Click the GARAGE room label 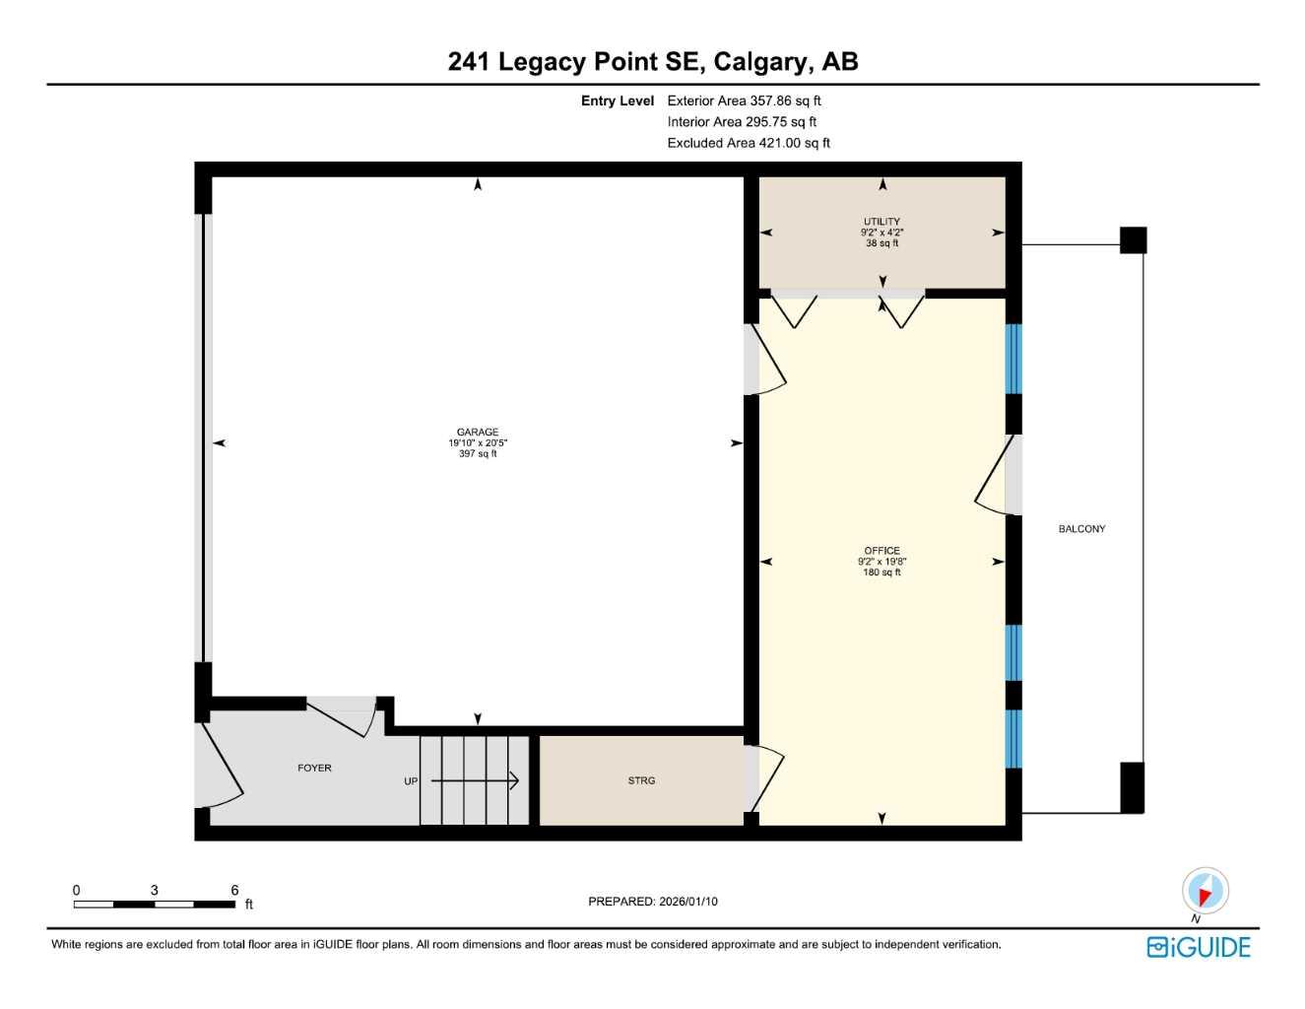(478, 432)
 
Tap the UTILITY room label (881, 222)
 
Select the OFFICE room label (881, 551)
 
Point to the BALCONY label (1081, 529)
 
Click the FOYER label (314, 768)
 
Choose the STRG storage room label (641, 780)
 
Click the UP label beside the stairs (411, 781)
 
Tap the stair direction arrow (476, 781)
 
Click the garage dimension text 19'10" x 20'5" (478, 443)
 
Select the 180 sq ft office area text (881, 572)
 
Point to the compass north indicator (1205, 892)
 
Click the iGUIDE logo (1199, 947)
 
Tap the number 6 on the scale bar (234, 890)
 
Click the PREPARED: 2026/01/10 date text (652, 902)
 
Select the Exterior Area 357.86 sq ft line (744, 101)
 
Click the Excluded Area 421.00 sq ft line (749, 143)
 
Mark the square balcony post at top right (1133, 239)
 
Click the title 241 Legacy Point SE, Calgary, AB (653, 61)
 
